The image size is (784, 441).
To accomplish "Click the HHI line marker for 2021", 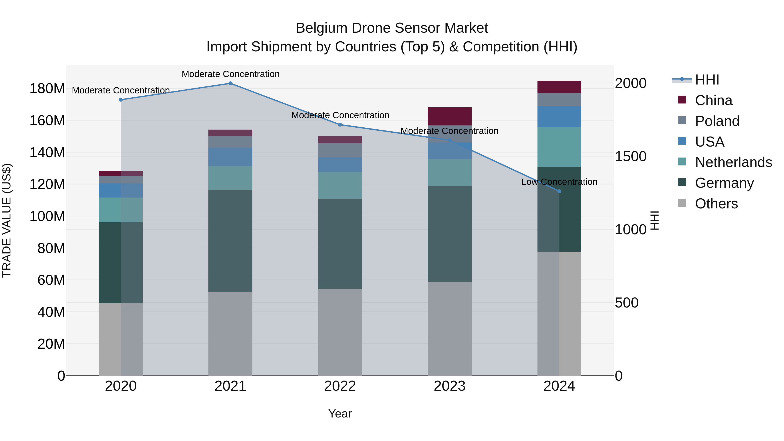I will (230, 83).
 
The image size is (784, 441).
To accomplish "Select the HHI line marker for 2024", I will (559, 191).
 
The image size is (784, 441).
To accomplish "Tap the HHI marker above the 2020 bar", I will (121, 100).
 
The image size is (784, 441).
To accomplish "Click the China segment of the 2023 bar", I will (449, 116).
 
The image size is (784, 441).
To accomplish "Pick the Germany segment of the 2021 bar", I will (230, 240).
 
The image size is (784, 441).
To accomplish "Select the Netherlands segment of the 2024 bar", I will (559, 147).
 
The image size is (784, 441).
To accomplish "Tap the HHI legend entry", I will (707, 80).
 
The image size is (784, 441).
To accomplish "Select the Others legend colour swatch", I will (682, 203).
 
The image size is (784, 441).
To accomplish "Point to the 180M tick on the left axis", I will (47, 89).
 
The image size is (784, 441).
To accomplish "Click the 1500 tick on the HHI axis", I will (630, 156).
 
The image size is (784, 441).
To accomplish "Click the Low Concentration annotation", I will (559, 182).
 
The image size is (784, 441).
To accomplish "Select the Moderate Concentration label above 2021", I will (230, 74).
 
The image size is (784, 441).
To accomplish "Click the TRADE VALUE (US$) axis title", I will (7, 220).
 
